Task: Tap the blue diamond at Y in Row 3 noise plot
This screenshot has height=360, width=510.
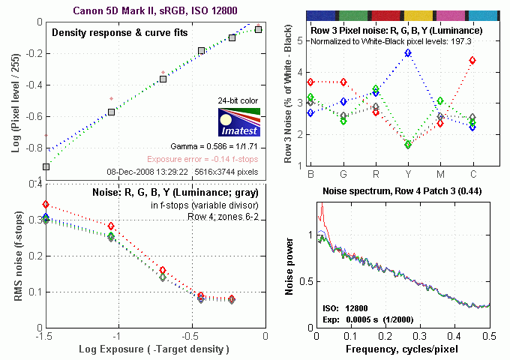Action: (x=408, y=53)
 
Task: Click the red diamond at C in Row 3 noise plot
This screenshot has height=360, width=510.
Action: (x=472, y=60)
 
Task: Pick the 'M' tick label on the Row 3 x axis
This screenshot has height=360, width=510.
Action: (x=440, y=174)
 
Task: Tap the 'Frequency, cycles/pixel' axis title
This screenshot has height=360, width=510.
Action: (x=402, y=349)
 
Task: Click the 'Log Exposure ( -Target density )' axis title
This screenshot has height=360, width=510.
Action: (x=154, y=349)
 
